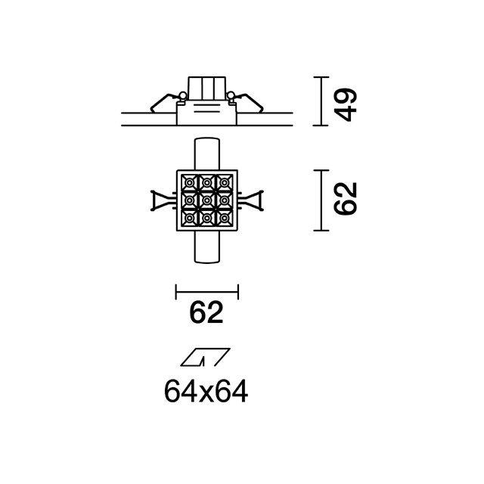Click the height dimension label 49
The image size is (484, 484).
click(x=346, y=104)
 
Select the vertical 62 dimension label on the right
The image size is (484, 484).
click(x=346, y=198)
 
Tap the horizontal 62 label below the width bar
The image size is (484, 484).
click(x=206, y=312)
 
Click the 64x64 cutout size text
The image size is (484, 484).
click(x=206, y=391)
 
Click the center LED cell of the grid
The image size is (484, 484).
click(x=206, y=200)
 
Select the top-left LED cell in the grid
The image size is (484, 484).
click(x=189, y=183)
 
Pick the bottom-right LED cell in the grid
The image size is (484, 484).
click(x=225, y=219)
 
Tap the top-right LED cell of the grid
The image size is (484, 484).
click(x=225, y=183)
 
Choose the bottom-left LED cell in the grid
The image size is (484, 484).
click(x=189, y=219)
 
